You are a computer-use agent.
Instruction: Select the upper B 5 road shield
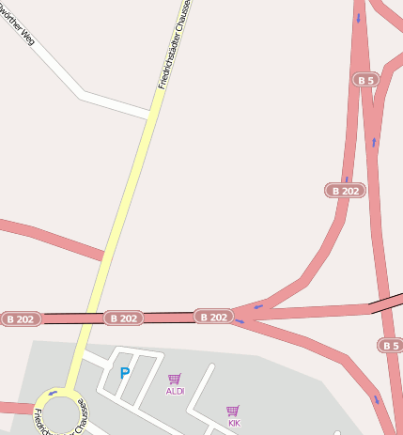[x=365, y=80]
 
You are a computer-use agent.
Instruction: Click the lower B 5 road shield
[x=391, y=346]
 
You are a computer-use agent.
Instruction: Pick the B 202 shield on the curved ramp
[x=345, y=191]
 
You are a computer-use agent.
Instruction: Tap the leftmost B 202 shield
[x=21, y=319]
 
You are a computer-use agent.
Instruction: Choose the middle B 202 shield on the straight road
[x=122, y=318]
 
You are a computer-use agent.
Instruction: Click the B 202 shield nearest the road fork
[x=213, y=317]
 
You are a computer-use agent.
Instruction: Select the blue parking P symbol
[x=125, y=374]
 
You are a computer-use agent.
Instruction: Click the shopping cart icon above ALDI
[x=174, y=379]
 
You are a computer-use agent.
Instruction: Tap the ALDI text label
[x=175, y=391]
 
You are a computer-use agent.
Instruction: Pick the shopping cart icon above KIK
[x=233, y=411]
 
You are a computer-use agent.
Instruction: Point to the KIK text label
[x=234, y=423]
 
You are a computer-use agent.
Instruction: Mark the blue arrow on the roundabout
[x=53, y=393]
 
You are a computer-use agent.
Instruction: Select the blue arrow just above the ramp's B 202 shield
[x=347, y=178]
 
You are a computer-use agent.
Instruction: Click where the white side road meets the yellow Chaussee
[x=150, y=117]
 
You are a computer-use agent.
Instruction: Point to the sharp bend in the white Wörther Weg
[x=83, y=93]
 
